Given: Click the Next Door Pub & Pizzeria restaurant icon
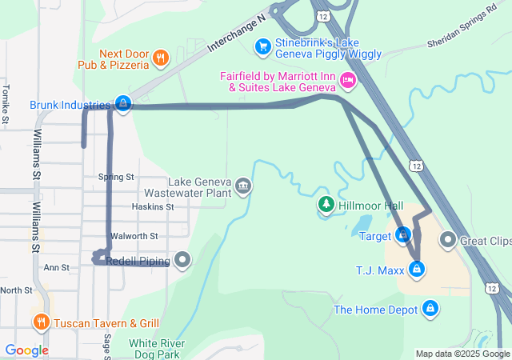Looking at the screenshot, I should click(161, 57).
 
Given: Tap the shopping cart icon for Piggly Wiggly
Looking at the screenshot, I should click(262, 47).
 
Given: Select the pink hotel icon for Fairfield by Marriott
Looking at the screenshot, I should click(347, 79).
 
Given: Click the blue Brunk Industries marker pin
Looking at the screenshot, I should click(122, 104).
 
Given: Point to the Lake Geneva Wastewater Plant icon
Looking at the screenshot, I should click(243, 187).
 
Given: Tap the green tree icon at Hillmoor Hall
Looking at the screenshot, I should click(326, 206).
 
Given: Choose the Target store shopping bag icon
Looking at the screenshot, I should click(404, 235).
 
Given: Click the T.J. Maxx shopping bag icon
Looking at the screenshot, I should click(416, 270).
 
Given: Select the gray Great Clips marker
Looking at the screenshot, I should click(447, 240).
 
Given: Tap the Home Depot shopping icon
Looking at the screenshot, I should click(430, 308).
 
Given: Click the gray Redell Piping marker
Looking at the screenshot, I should click(183, 259).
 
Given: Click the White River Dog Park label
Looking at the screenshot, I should click(157, 348).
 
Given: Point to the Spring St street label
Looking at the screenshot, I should click(116, 177).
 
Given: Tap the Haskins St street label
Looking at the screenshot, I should click(152, 206).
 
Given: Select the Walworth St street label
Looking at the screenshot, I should click(134, 236).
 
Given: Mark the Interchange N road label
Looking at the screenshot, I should click(235, 33).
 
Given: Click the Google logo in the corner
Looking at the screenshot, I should click(26, 350).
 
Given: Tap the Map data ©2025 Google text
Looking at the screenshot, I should click(462, 354).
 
